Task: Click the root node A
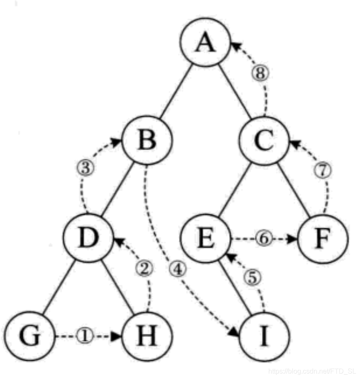tap(205, 43)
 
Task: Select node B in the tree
tap(147, 140)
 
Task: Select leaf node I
tap(264, 336)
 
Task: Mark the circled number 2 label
tap(144, 269)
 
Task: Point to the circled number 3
tap(85, 168)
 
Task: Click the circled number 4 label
tap(177, 269)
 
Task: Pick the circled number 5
tap(252, 278)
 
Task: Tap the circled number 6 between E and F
tap(263, 239)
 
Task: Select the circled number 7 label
tap(322, 170)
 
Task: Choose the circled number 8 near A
tap(260, 73)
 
